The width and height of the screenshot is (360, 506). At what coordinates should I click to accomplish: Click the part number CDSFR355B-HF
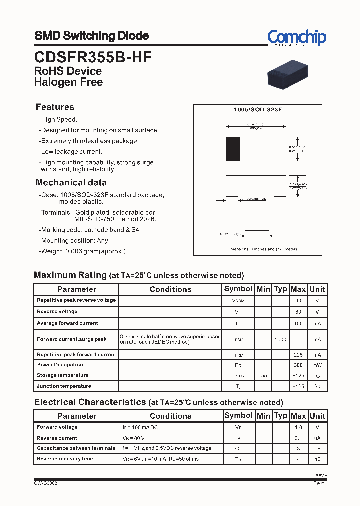(93, 57)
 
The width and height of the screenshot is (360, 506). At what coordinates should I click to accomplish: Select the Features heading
(55, 107)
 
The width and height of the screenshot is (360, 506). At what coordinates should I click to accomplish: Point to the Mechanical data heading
(71, 183)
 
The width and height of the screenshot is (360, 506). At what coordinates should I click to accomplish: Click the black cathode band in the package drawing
(233, 148)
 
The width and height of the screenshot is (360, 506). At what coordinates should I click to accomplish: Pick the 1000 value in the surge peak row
(280, 339)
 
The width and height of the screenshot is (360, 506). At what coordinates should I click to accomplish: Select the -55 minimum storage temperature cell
(263, 375)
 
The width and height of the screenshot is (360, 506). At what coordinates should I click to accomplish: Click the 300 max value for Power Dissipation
(298, 365)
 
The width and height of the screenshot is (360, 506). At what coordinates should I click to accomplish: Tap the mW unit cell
(317, 365)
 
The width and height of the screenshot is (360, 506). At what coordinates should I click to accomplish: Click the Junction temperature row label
(64, 386)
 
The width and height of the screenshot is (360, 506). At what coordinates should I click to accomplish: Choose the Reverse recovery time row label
(64, 459)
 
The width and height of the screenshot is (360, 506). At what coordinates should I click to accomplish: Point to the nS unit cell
(317, 459)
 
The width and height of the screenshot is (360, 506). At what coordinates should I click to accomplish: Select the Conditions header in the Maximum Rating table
(170, 289)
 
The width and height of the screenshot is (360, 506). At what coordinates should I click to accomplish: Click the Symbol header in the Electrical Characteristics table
(238, 416)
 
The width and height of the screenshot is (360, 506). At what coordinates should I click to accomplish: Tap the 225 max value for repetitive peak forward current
(298, 355)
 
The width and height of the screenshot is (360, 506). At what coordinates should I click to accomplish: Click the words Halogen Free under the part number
(68, 82)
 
